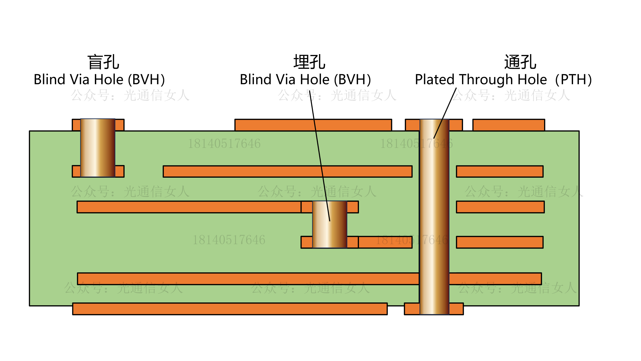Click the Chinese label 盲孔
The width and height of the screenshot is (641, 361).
coord(103,62)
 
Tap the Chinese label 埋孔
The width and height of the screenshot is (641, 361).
coord(309,62)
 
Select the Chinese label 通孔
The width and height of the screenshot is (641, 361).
coord(520,62)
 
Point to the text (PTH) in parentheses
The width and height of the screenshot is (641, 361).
coord(573,80)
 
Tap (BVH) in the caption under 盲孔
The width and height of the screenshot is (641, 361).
coord(146,80)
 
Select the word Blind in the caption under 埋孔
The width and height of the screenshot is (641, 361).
coord(255,80)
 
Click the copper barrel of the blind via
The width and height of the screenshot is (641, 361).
coord(98,148)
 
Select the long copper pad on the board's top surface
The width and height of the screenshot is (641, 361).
coord(313,125)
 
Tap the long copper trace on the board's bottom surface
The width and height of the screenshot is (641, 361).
coord(230,309)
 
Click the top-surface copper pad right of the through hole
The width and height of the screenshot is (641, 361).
coord(509,125)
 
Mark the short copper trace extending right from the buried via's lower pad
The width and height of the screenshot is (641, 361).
coord(385,242)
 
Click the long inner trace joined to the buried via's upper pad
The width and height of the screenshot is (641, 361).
coord(189,207)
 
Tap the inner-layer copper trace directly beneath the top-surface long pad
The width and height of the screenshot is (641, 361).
coord(287,171)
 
